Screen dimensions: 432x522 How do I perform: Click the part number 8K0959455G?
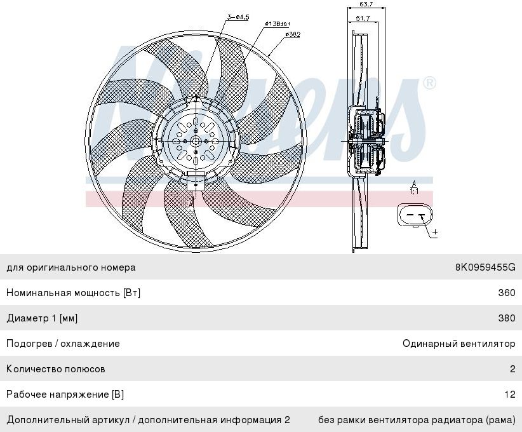click(x=485, y=267)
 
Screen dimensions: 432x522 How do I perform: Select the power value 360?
click(x=507, y=293)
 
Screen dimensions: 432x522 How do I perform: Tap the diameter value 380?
click(x=507, y=318)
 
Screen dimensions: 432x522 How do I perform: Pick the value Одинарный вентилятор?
click(x=458, y=344)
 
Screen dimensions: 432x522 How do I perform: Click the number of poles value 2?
click(x=512, y=369)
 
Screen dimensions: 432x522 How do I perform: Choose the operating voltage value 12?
click(x=510, y=395)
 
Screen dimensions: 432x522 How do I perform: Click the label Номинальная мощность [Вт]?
click(x=73, y=293)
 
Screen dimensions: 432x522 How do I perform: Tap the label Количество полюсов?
click(x=56, y=369)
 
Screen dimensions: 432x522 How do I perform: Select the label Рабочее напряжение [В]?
click(x=65, y=395)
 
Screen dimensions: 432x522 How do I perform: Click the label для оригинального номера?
click(x=70, y=267)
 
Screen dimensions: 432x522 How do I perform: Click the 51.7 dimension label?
click(x=363, y=18)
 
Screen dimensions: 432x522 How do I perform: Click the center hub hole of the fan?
click(x=195, y=140)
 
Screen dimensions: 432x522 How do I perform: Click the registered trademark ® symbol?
click(x=430, y=83)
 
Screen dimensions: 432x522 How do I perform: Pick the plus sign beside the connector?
click(x=434, y=233)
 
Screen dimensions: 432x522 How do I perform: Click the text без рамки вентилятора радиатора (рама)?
click(x=417, y=420)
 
